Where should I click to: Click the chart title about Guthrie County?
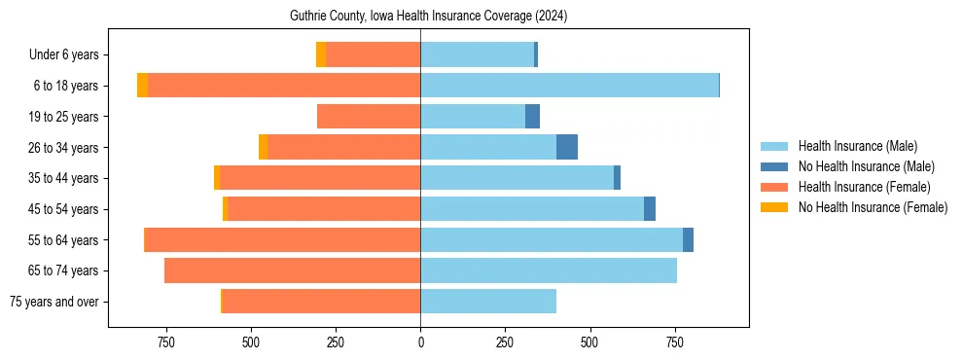tap(429, 17)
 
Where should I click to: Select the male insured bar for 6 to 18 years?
tap(569, 86)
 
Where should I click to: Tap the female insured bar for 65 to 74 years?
tap(292, 270)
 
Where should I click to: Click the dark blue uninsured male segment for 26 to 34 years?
tap(567, 147)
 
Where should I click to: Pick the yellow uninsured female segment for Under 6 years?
tap(320, 54)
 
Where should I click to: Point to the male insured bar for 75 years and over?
tap(488, 302)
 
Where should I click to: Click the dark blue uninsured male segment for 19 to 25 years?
tap(532, 117)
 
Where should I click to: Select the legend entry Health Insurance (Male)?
tap(857, 146)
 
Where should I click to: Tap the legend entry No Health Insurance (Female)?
tap(873, 207)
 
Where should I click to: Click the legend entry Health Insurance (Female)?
tap(864, 187)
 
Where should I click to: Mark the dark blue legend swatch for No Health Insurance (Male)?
tap(774, 166)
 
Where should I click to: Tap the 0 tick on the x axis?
tap(420, 342)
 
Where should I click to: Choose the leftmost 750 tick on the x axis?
tap(165, 342)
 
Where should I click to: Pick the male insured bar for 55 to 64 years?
tap(552, 239)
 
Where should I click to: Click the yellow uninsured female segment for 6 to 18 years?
tap(142, 86)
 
